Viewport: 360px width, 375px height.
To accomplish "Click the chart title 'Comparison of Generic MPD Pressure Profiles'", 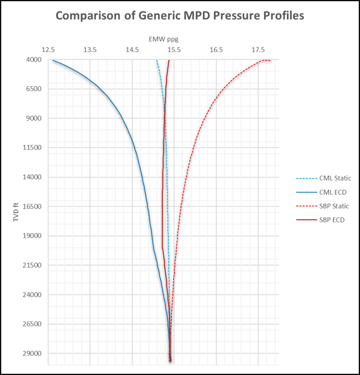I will tap(180, 16).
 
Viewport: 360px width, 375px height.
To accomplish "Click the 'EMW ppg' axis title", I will tap(163, 39).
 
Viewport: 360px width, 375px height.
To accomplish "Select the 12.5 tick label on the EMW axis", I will tap(48, 50).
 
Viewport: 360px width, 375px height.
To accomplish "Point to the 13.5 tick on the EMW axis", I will tap(90, 50).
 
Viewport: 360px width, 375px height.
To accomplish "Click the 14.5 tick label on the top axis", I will tap(132, 50).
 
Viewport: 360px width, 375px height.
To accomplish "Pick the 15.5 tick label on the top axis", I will tap(174, 50).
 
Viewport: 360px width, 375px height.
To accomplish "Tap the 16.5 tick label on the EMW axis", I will tap(216, 50).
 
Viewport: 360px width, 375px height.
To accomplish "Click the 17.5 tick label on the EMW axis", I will tap(258, 50).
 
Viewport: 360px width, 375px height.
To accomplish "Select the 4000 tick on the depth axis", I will tap(34, 60).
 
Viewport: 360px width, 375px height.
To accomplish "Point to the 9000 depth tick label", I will tap(34, 119).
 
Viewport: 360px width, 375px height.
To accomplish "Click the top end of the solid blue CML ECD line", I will tap(53, 60).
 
